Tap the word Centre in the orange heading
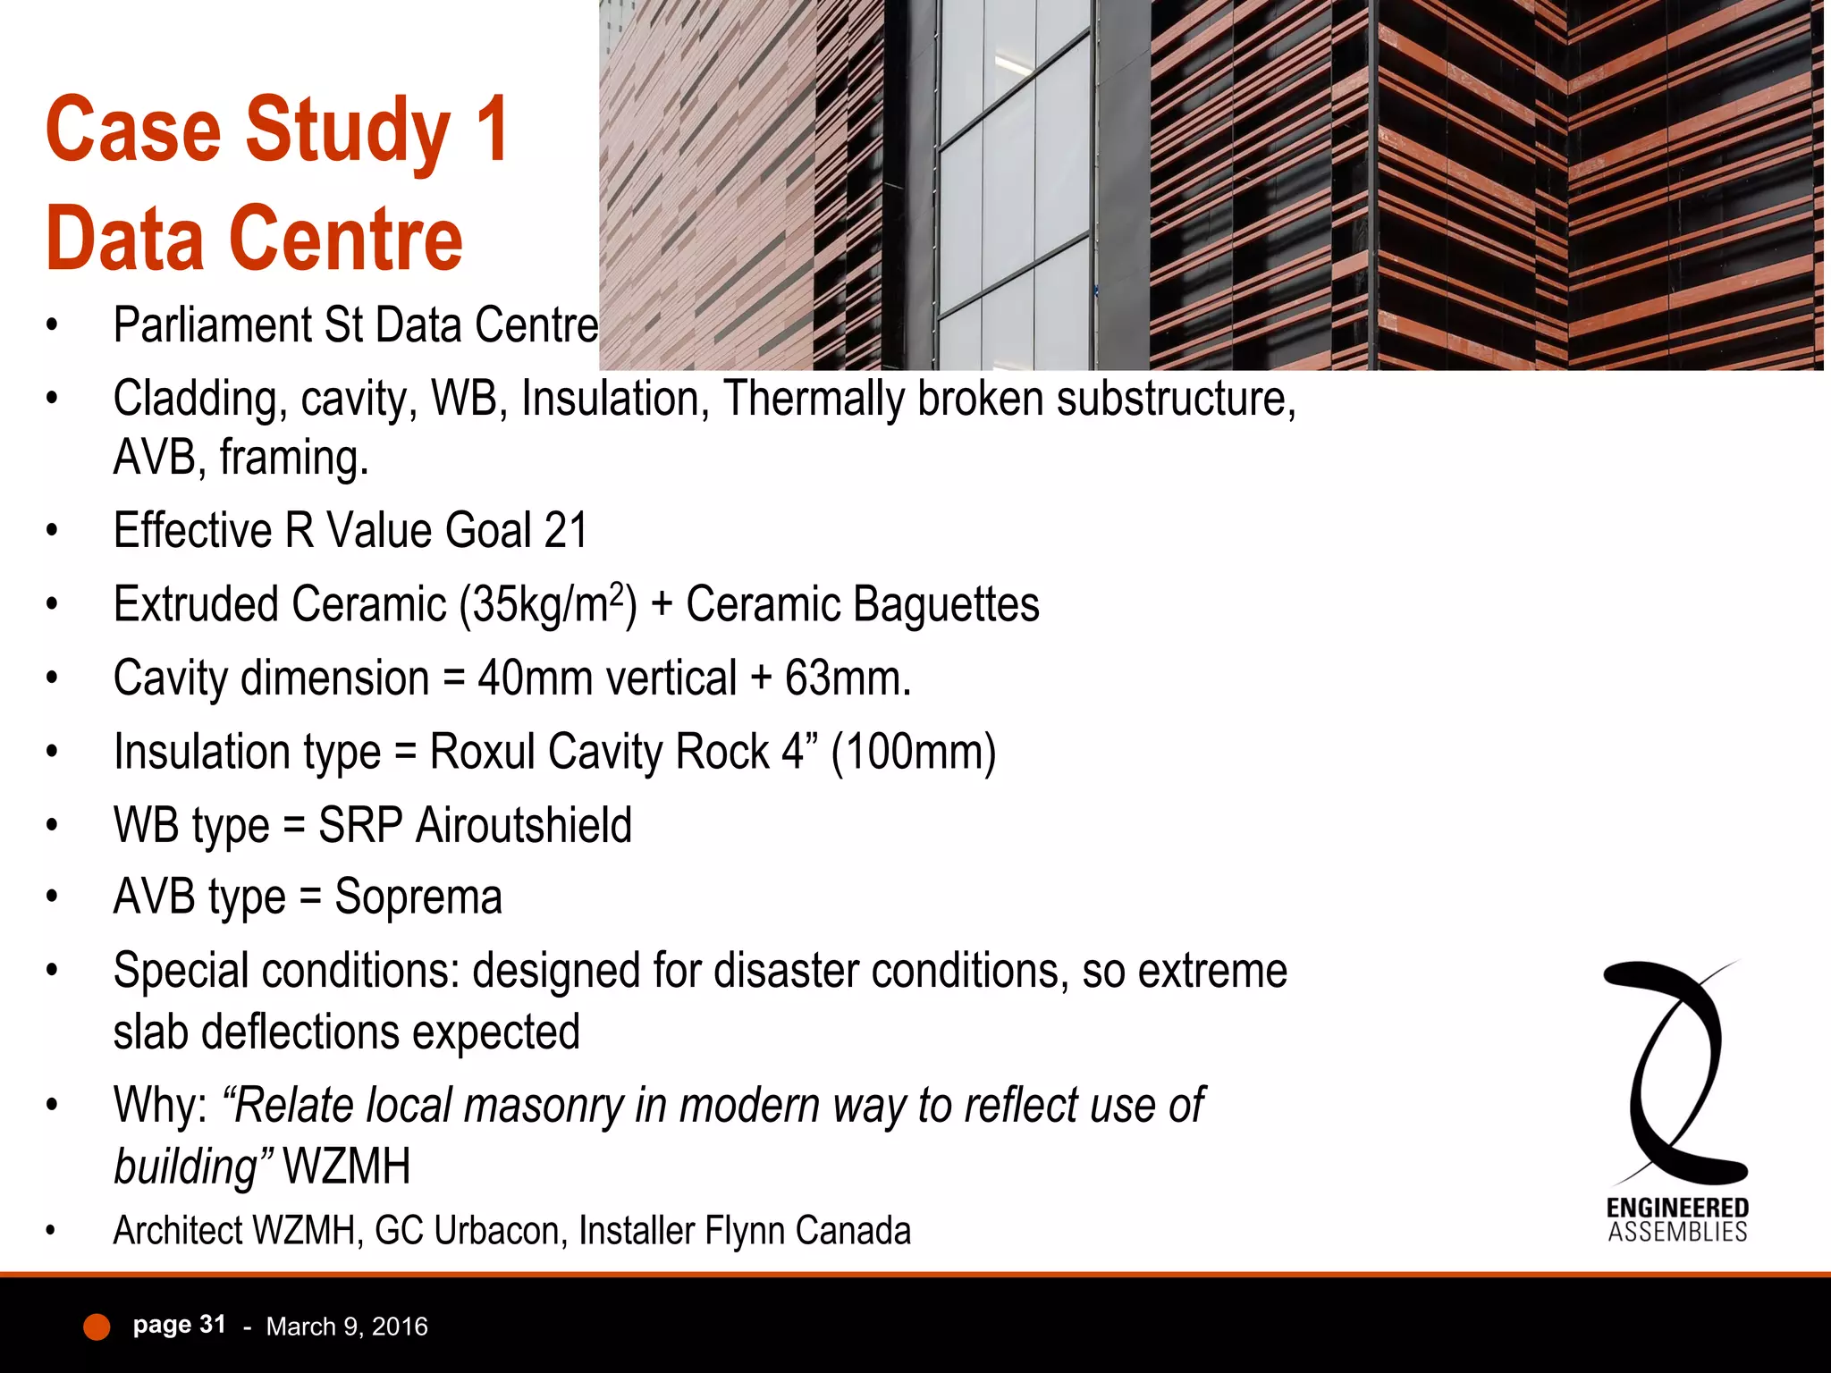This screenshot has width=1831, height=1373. click(x=346, y=240)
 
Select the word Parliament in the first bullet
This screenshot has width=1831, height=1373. click(x=211, y=325)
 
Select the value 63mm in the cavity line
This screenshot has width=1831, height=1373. click(x=847, y=678)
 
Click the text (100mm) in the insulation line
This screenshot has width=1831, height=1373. click(x=913, y=752)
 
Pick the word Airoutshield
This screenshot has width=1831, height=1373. click(x=524, y=825)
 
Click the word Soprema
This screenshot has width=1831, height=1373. click(x=418, y=897)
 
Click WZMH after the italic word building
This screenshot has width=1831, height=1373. click(x=347, y=1167)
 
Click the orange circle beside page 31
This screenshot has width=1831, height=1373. click(x=97, y=1327)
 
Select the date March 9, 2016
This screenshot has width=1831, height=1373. click(x=347, y=1327)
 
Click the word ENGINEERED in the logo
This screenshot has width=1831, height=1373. click(x=1677, y=1209)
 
